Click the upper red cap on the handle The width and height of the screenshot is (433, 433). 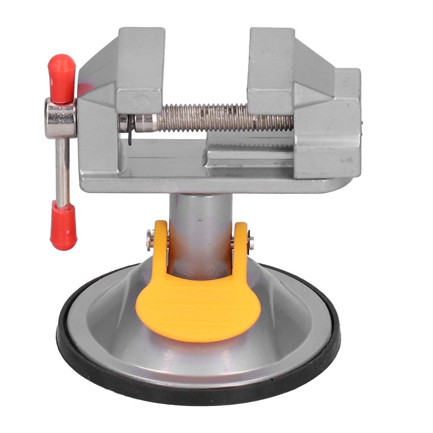[61, 78]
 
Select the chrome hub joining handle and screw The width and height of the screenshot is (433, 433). [60, 118]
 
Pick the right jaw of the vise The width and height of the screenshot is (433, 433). [271, 65]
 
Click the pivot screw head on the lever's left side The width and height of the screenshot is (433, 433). [150, 239]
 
